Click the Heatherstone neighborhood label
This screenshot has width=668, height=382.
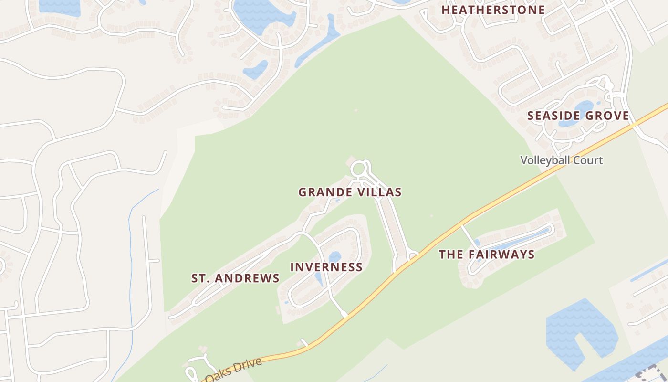pyautogui.click(x=493, y=10)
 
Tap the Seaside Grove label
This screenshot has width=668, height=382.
pyautogui.click(x=578, y=116)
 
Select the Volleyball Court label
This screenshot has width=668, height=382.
pyautogui.click(x=562, y=160)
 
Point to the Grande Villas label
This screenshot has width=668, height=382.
pyautogui.click(x=350, y=192)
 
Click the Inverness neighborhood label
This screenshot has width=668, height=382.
pyautogui.click(x=326, y=267)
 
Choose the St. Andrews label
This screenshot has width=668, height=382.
pyautogui.click(x=235, y=278)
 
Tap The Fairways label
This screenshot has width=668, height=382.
pyautogui.click(x=487, y=254)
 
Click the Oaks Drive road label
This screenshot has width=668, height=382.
pyautogui.click(x=234, y=370)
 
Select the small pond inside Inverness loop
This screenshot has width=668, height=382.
pyautogui.click(x=335, y=256)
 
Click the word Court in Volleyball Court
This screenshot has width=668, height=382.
pyautogui.click(x=588, y=160)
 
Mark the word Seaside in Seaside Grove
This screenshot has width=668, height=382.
pyautogui.click(x=553, y=116)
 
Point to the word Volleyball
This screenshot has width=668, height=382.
pyautogui.click(x=546, y=160)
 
